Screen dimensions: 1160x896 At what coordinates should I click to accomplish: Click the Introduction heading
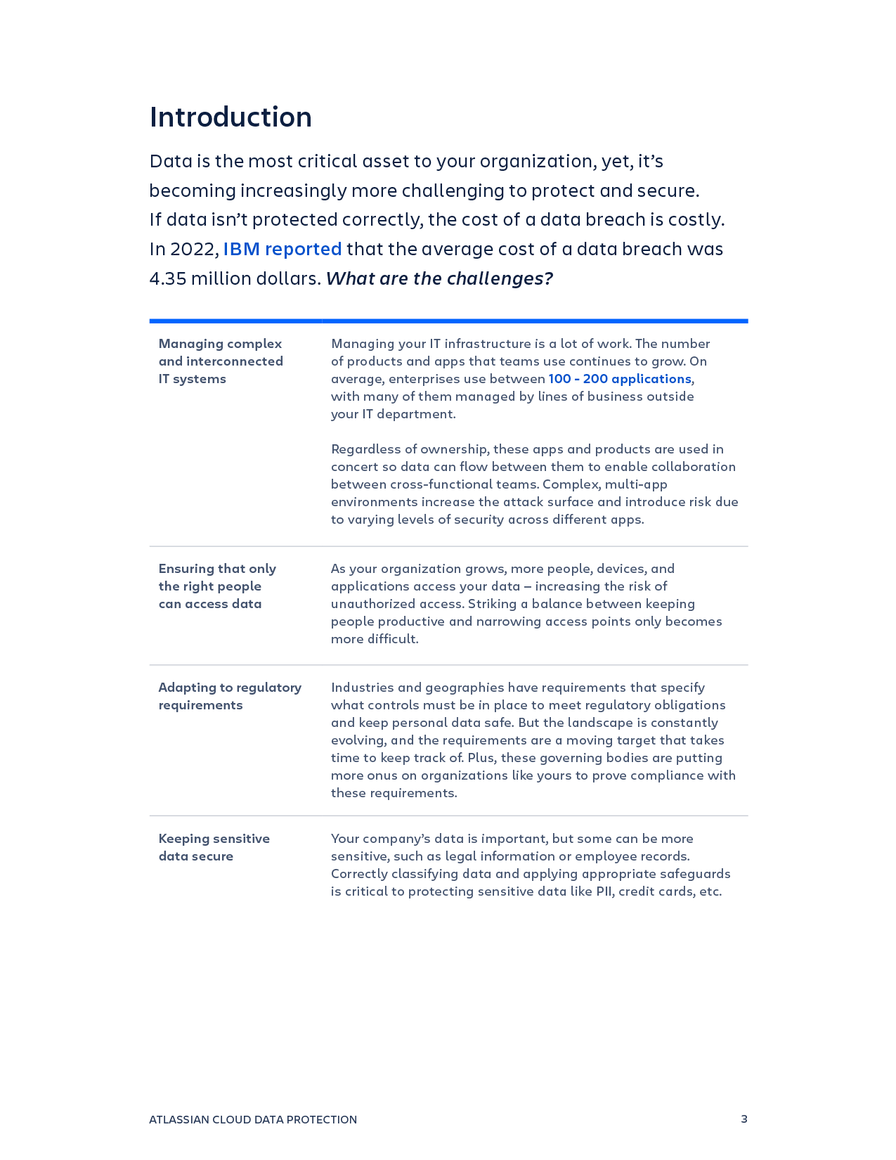tap(231, 117)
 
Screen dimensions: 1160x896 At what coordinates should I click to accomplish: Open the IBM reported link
tap(282, 250)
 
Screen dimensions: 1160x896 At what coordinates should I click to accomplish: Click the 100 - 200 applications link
tap(619, 379)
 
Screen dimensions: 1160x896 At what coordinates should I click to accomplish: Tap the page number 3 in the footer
tap(744, 1119)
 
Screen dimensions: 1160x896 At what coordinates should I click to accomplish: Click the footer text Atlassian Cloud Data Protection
tap(253, 1119)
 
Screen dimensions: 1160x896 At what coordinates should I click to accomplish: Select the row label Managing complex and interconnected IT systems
tap(221, 361)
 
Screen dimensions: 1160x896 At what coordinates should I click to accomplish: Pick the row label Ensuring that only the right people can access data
tap(217, 586)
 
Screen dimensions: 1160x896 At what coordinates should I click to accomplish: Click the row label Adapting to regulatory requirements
tap(230, 696)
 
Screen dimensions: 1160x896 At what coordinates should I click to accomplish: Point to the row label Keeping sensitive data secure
tap(214, 847)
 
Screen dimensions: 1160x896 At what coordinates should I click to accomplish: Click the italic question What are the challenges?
tap(439, 279)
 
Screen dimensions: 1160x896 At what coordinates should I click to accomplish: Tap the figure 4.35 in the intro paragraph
tap(168, 279)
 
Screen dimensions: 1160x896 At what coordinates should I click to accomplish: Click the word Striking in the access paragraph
tap(491, 604)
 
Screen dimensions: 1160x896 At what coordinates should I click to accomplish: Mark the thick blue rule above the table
tap(448, 321)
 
